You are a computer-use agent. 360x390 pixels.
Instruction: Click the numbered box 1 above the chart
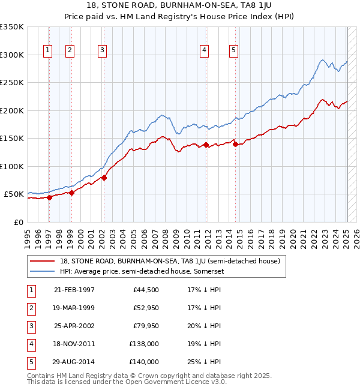(47, 50)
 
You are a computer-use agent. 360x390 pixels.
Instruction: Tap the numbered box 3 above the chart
(103, 50)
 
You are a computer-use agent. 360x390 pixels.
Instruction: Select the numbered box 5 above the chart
(233, 50)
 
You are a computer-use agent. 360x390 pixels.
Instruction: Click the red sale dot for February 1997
(50, 197)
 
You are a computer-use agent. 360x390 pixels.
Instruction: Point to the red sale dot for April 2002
(104, 178)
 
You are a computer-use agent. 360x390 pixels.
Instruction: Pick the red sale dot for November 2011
(206, 145)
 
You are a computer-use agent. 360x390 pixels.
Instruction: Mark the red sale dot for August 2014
(235, 144)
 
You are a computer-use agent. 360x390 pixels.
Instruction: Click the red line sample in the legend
(43, 261)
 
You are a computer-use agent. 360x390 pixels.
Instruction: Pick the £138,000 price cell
(145, 344)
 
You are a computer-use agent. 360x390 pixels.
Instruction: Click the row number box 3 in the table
(30, 326)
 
